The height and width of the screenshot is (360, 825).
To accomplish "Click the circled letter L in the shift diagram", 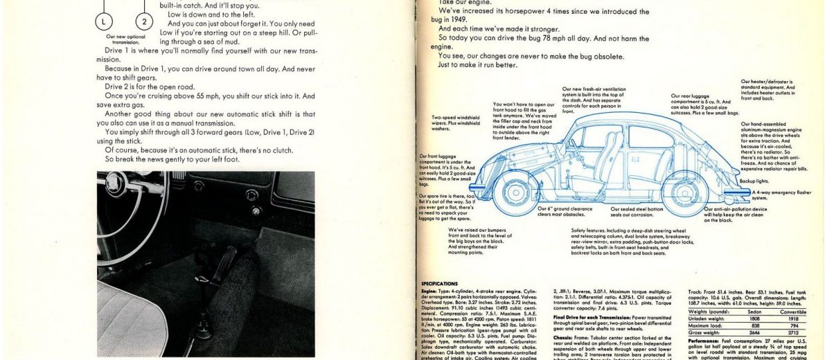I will [x=104, y=21].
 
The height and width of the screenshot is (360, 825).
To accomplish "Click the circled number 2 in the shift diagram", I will [x=144, y=21].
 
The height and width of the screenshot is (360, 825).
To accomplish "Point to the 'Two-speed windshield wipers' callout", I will [x=455, y=123].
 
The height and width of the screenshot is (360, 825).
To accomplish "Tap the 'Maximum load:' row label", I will [x=707, y=325].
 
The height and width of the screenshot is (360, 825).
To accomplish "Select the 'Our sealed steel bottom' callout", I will [x=637, y=211].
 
